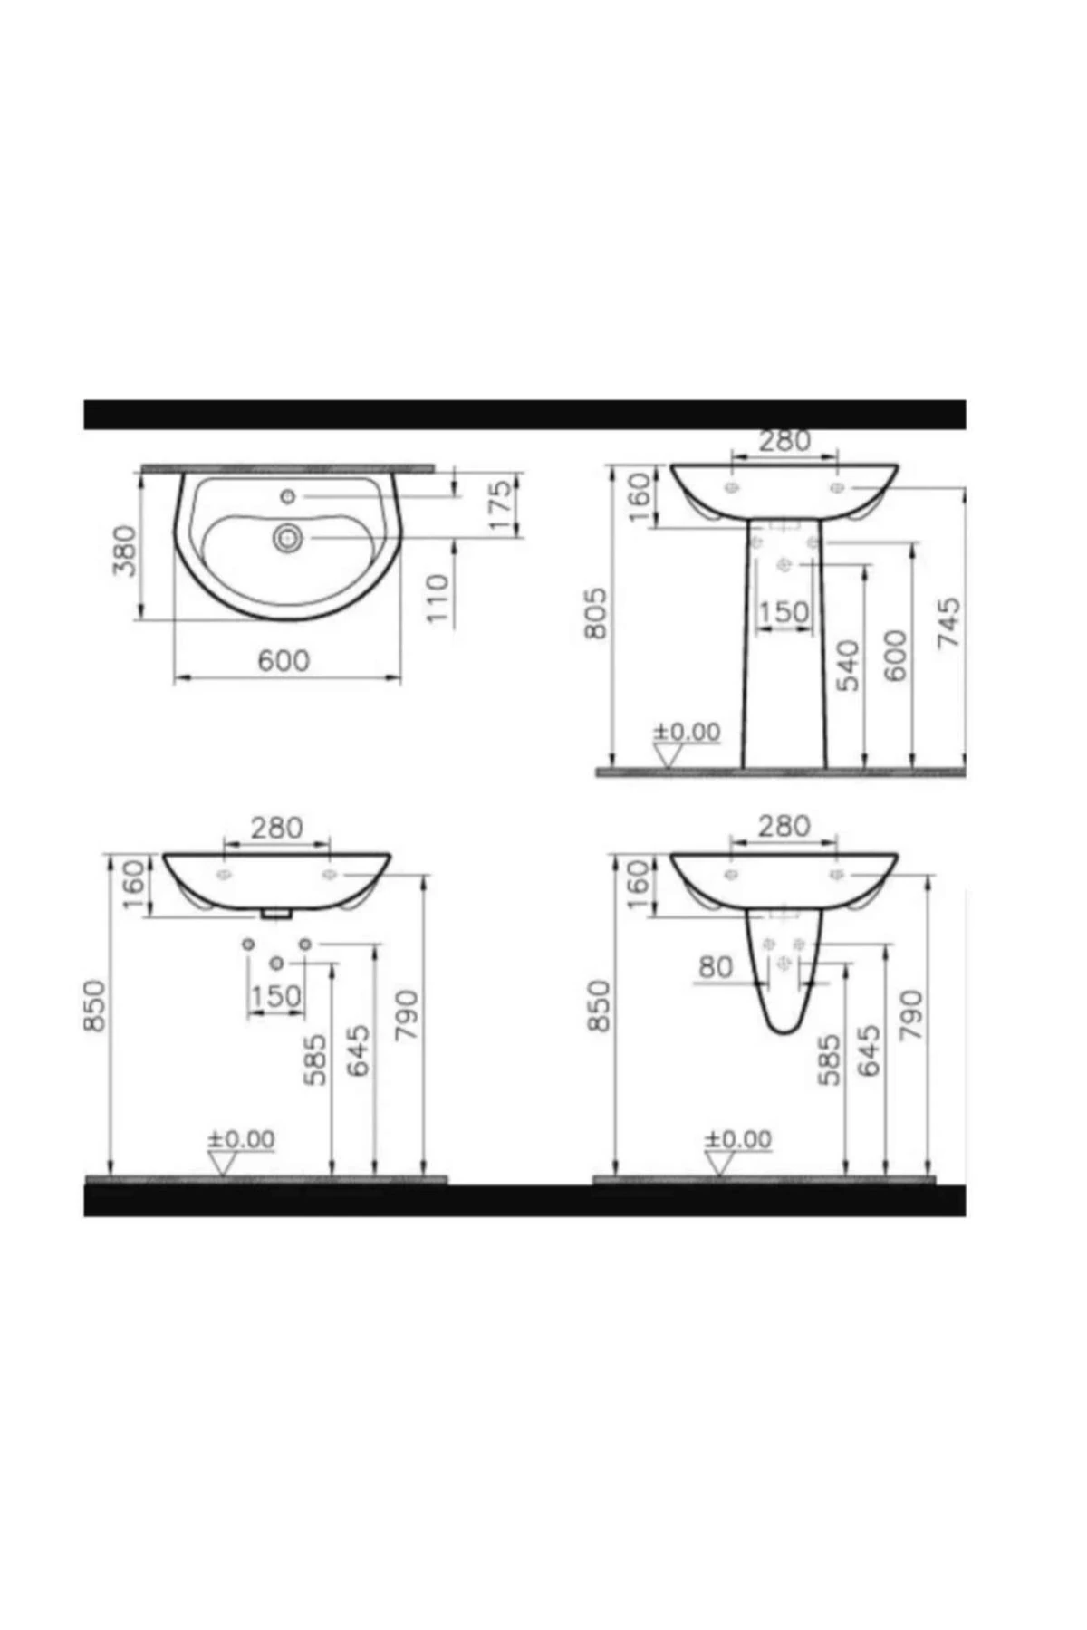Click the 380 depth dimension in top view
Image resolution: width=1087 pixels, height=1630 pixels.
click(124, 551)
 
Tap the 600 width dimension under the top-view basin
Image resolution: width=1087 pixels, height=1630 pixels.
click(284, 660)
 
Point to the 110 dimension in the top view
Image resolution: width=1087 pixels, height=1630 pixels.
click(438, 598)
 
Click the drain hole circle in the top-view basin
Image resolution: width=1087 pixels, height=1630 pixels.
click(288, 538)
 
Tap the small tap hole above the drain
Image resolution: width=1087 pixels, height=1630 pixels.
click(288, 495)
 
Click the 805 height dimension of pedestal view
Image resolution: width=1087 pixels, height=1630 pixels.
click(595, 613)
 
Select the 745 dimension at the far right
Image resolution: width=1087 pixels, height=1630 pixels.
click(948, 622)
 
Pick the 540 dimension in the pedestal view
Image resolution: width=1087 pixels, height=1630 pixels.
click(848, 665)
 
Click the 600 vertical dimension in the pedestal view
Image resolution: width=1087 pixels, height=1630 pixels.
click(894, 656)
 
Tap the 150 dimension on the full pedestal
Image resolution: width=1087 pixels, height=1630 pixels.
click(783, 612)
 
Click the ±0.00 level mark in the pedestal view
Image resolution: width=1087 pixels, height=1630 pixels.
click(687, 732)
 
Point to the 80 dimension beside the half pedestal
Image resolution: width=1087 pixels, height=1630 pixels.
click(715, 967)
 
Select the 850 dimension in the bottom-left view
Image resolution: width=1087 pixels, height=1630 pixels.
click(95, 1005)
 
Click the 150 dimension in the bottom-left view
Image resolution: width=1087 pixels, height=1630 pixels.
click(276, 996)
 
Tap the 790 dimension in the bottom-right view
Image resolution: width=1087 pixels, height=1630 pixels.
click(910, 1014)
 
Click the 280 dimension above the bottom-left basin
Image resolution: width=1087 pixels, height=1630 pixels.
click(276, 827)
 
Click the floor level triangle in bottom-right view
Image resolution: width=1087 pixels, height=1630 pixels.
click(718, 1164)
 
